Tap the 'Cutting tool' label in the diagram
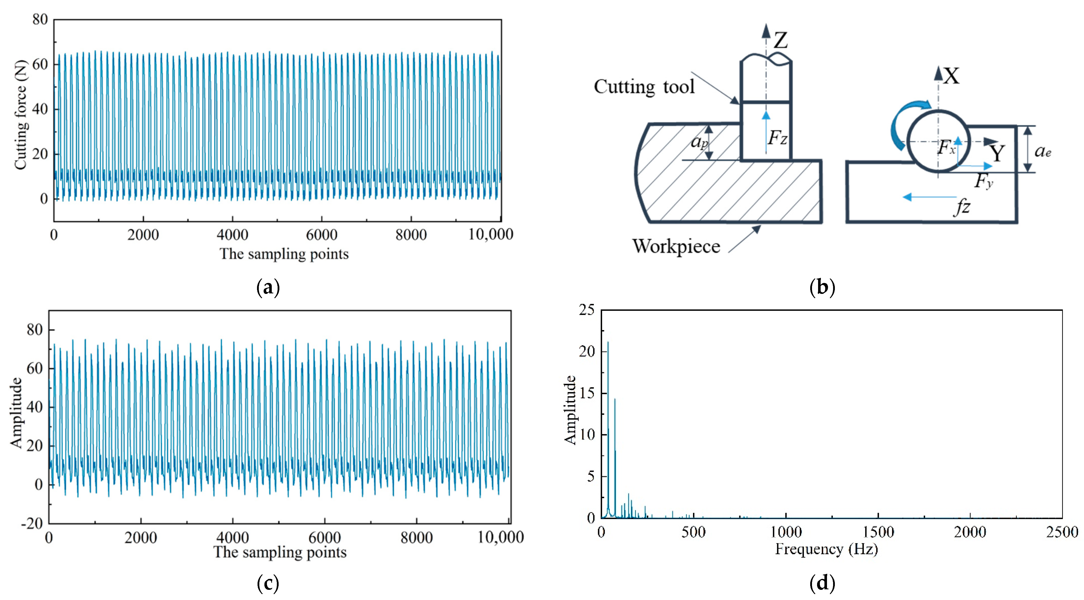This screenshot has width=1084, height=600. [x=644, y=87]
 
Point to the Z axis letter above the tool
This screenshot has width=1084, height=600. [x=781, y=40]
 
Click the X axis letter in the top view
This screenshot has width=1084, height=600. [x=951, y=77]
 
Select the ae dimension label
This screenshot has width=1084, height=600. [x=1043, y=151]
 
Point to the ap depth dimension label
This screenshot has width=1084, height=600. [x=699, y=142]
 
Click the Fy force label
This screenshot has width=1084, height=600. [x=983, y=181]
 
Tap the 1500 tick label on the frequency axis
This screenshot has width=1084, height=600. [x=878, y=532]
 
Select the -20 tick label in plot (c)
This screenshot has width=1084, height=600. [x=32, y=523]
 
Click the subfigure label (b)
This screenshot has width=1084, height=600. [x=822, y=287]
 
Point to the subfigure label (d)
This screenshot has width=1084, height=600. [x=822, y=583]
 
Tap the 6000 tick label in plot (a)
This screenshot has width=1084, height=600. [x=322, y=235]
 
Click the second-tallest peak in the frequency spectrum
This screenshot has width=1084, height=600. [x=615, y=400]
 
